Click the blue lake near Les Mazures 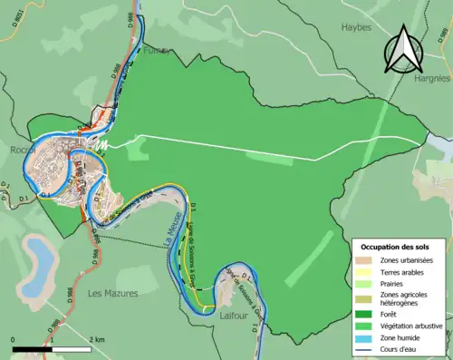coord(39,259)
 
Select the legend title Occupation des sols coord(398,247)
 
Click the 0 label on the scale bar coord(14,339)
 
